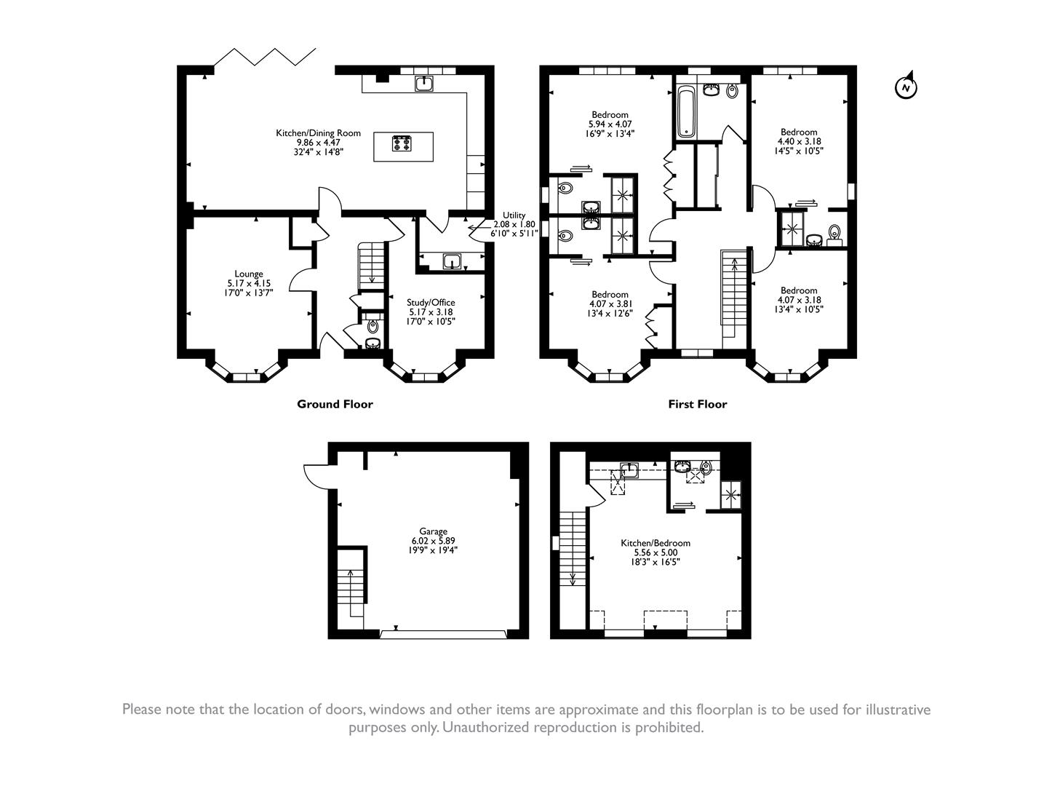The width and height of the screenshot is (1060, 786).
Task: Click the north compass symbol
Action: [905, 87]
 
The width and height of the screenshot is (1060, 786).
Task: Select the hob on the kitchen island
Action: [402, 143]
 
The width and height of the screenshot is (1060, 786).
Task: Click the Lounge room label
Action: [249, 274]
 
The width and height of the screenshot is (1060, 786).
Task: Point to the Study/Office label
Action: [431, 303]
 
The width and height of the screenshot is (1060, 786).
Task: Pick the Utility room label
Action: [514, 215]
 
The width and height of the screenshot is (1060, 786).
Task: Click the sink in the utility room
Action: [453, 261]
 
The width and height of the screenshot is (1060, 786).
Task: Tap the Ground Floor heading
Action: [335, 405]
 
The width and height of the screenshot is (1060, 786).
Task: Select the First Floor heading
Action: [697, 405]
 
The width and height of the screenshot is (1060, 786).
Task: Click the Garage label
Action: [433, 531]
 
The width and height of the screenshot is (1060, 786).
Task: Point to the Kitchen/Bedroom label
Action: [655, 543]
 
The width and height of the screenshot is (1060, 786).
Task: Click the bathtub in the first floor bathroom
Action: [686, 111]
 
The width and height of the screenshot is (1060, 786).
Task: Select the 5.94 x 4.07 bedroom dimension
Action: [610, 124]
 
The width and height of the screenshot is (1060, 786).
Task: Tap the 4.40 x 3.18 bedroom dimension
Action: [798, 142]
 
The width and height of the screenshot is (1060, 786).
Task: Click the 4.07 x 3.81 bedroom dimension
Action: [610, 304]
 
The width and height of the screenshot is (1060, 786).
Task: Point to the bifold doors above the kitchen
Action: [266, 57]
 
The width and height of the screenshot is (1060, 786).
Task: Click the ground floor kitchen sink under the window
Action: [424, 84]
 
